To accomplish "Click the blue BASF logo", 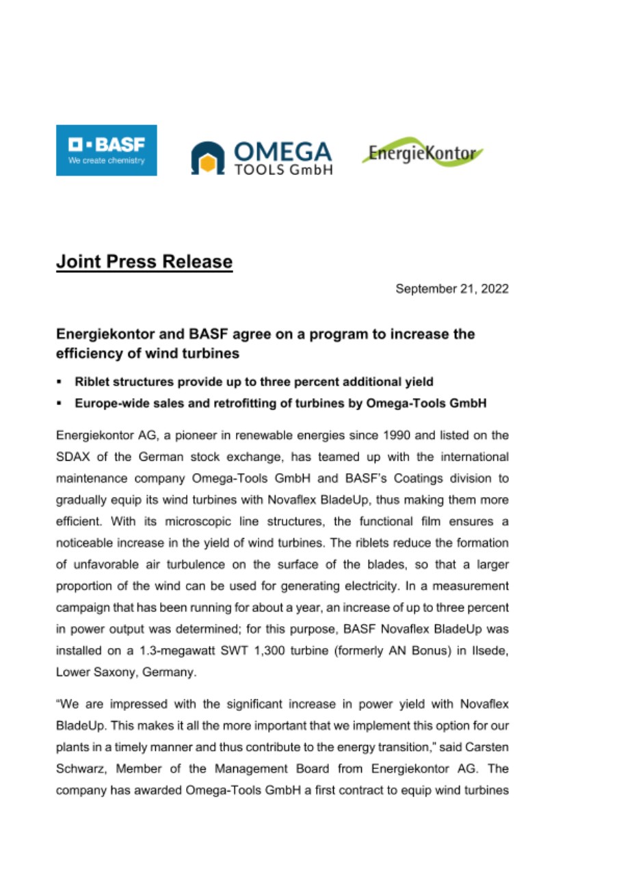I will [106, 150].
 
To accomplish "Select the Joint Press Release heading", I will [144, 262].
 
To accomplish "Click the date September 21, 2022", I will [452, 289].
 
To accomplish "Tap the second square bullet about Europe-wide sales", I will [60, 403].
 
